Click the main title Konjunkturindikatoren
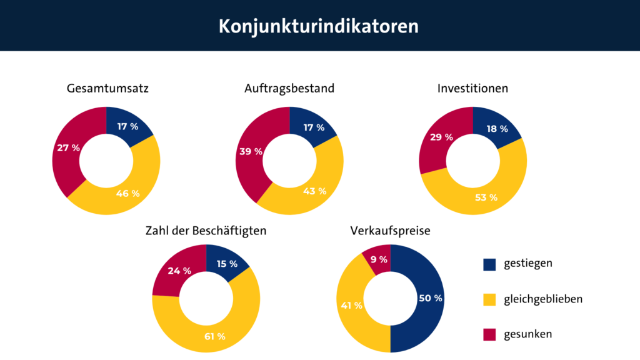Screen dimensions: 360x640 (319, 27)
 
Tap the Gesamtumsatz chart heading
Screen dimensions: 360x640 (107, 89)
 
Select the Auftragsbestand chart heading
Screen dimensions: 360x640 (289, 89)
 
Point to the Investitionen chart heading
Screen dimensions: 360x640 (472, 89)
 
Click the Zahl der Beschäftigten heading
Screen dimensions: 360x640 (206, 231)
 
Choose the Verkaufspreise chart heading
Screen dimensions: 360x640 (390, 231)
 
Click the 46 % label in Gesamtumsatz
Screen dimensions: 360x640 (127, 193)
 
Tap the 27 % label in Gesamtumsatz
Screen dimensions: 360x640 (68, 148)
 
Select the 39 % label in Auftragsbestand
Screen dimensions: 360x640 (251, 151)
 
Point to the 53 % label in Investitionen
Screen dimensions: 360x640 (486, 197)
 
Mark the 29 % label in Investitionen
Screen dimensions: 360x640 (441, 137)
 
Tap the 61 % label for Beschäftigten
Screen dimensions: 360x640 (214, 337)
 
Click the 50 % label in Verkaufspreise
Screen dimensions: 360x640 (430, 298)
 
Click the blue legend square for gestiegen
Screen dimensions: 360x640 (490, 264)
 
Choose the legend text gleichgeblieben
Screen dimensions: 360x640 (543, 299)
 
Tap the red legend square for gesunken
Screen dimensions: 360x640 (490, 334)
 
